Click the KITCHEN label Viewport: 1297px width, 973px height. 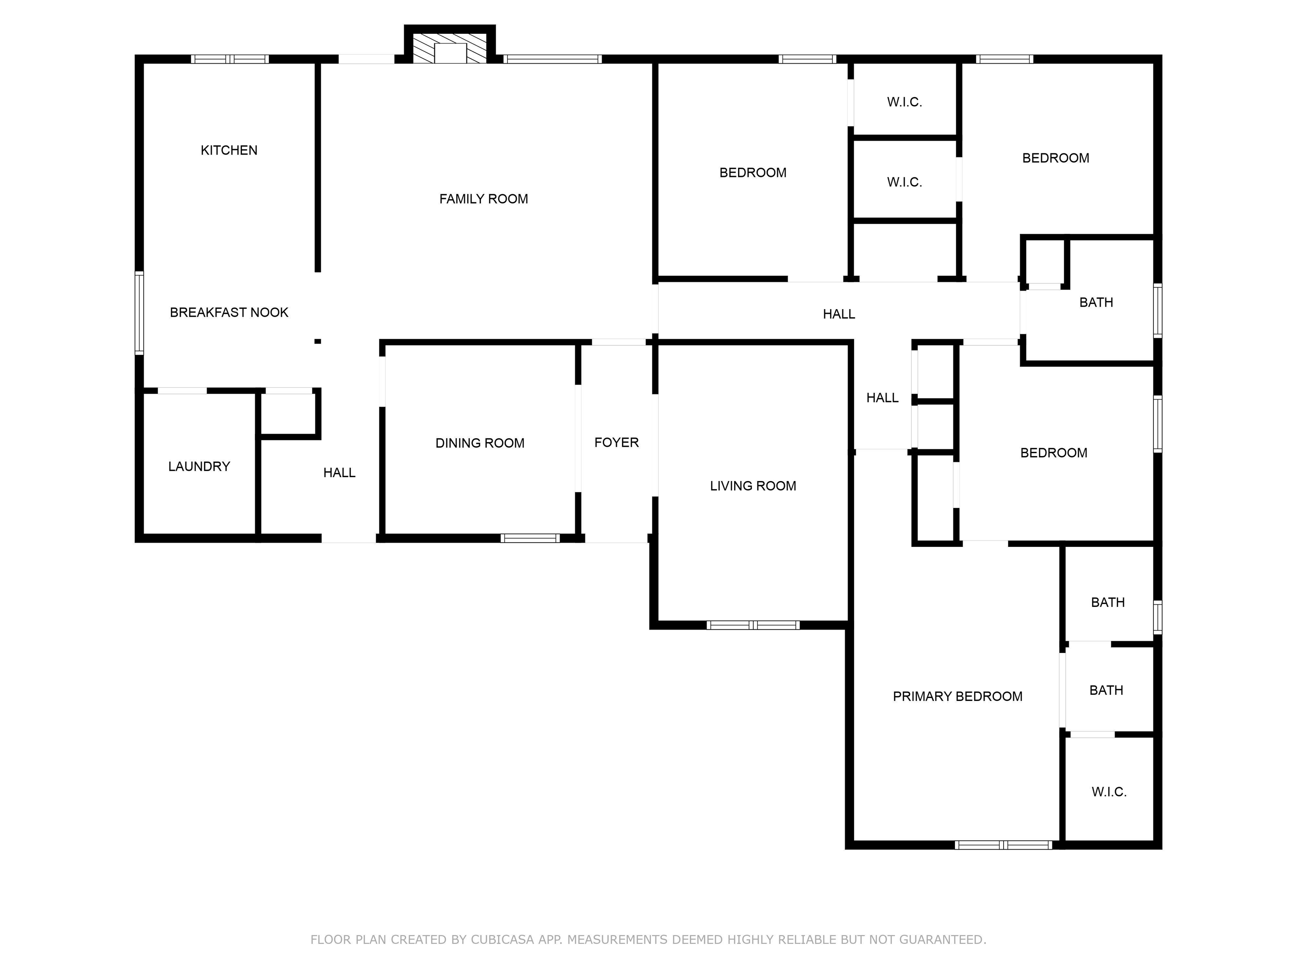(229, 150)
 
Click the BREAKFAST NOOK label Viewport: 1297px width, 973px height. (229, 313)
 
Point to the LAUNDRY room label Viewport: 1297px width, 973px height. (199, 466)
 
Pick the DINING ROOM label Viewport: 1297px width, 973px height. (480, 443)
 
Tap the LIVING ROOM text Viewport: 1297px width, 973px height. (753, 486)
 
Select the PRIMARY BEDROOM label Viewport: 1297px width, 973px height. (957, 696)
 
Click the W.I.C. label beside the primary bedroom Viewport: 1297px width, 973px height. (1109, 792)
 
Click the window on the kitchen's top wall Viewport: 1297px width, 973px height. (230, 59)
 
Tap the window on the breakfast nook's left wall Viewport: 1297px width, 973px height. (139, 313)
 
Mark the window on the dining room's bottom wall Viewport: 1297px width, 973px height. (530, 538)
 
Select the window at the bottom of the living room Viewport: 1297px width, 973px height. (753, 625)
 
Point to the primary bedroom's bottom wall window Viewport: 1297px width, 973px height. (1003, 845)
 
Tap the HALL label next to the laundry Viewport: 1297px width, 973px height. (339, 473)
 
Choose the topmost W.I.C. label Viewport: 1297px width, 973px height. (904, 102)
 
